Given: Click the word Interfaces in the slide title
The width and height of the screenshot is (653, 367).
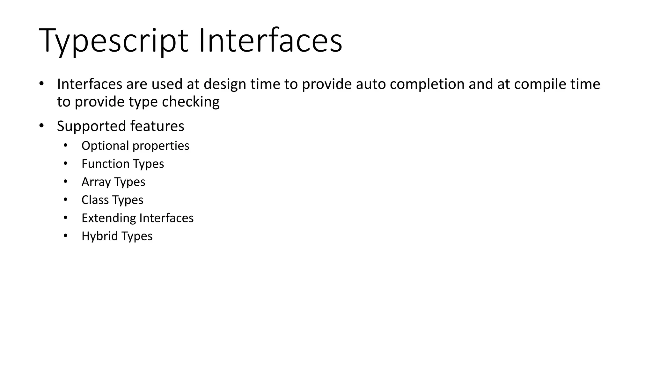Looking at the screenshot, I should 270,41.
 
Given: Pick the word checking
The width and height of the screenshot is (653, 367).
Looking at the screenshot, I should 190,102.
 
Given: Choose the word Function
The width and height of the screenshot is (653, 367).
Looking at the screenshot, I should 105,164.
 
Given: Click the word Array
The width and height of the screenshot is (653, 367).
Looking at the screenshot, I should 95,182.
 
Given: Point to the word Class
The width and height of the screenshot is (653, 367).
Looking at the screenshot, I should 95,200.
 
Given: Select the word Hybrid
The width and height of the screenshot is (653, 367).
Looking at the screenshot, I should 99,236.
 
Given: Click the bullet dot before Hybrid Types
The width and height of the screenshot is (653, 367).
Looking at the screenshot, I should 65,236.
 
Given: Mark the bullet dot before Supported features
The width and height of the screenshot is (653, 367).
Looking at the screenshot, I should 41,126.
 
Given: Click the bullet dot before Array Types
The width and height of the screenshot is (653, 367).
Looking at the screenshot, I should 65,182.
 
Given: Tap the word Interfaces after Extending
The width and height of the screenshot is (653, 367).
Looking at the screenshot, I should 166,218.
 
